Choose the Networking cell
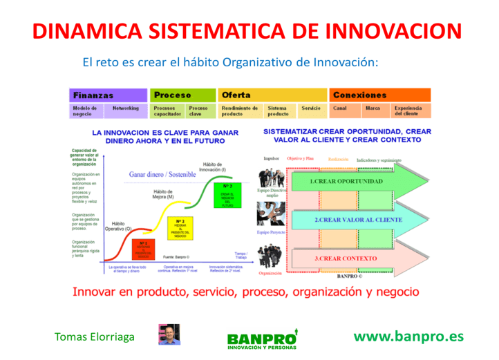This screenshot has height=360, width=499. (x=126, y=109)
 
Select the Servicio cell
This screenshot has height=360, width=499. (x=311, y=109)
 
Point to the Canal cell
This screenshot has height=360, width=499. (x=340, y=109)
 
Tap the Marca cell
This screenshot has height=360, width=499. (x=373, y=109)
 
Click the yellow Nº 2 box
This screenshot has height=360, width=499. (x=178, y=227)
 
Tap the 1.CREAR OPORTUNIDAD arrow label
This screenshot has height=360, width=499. (x=346, y=181)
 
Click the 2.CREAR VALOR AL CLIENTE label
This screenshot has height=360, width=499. (x=358, y=220)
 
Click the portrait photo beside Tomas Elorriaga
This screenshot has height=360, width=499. (x=169, y=335)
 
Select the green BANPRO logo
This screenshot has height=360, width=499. (x=263, y=338)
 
